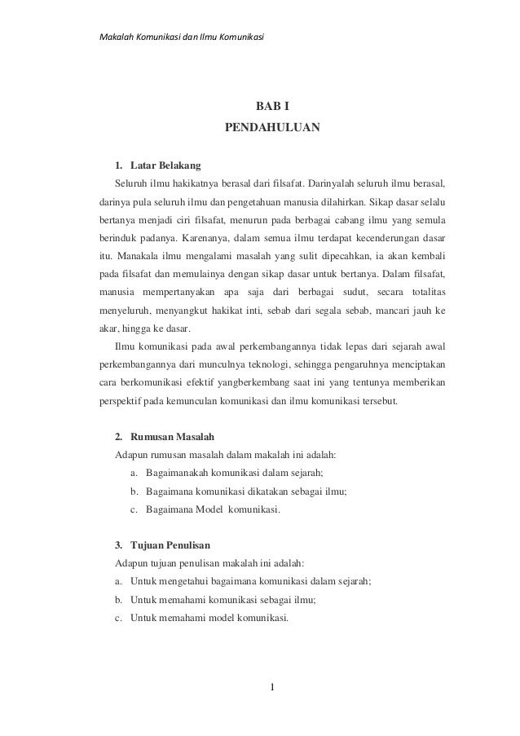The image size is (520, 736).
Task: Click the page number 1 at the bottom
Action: pyautogui.click(x=273, y=694)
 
